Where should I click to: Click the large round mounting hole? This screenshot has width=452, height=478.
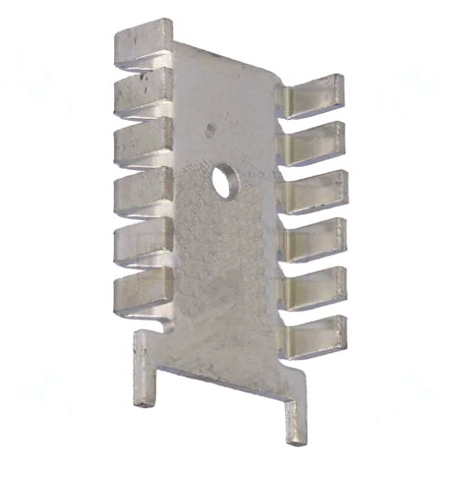[225, 182]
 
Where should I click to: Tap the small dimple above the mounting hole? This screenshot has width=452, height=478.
[209, 129]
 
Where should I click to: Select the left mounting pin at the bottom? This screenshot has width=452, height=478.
[144, 368]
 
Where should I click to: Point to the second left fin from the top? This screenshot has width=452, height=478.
[143, 94]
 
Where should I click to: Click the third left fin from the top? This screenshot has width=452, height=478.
[143, 143]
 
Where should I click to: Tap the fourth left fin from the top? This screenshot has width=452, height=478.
[143, 192]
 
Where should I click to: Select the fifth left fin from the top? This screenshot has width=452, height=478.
[143, 241]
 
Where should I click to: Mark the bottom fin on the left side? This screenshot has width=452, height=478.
[143, 292]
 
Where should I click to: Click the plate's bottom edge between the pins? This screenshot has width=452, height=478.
[221, 379]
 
